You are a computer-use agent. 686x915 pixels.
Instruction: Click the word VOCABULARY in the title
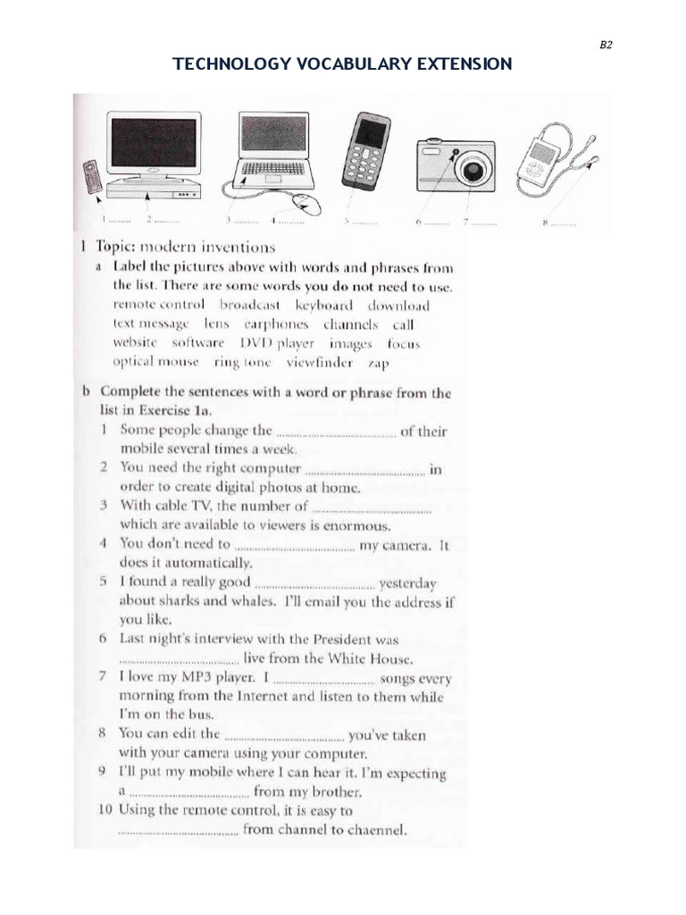point(343,64)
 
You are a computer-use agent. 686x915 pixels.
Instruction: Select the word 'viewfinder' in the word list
point(319,363)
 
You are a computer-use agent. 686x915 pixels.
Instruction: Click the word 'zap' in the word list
point(379,365)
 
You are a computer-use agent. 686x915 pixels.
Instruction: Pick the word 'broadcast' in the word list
point(251,306)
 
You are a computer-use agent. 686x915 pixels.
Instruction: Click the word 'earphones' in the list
point(276,324)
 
